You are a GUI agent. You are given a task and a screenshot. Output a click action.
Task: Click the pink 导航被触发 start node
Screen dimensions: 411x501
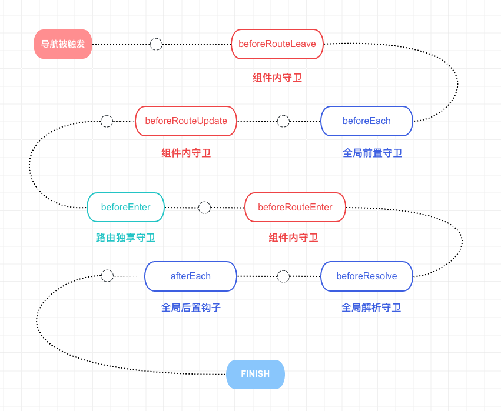pyautogui.click(x=63, y=44)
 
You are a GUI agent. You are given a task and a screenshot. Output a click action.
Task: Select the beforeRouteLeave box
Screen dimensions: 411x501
pyautogui.click(x=277, y=44)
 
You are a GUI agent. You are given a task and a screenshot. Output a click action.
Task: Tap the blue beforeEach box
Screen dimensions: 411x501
pyautogui.click(x=366, y=121)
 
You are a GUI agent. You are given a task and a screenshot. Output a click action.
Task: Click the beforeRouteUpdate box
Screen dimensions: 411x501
pyautogui.click(x=186, y=121)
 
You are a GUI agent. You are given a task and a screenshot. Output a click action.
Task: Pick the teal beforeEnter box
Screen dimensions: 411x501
pyautogui.click(x=125, y=208)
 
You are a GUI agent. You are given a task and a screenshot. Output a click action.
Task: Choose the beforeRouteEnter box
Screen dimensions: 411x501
pyautogui.click(x=295, y=208)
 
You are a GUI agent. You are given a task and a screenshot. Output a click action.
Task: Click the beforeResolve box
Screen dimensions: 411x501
pyautogui.click(x=366, y=276)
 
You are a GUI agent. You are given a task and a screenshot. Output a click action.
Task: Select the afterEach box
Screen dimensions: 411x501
pyautogui.click(x=190, y=276)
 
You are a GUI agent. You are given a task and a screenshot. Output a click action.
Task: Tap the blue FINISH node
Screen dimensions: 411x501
pyautogui.click(x=256, y=375)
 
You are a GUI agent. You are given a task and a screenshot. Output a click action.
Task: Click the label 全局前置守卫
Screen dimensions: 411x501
pyautogui.click(x=372, y=153)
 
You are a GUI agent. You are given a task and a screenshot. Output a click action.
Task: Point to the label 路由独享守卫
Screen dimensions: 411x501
pyautogui.click(x=125, y=238)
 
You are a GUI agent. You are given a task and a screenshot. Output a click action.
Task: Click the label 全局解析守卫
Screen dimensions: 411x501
pyautogui.click(x=371, y=308)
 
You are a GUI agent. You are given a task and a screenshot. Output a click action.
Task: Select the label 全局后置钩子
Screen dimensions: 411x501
pyautogui.click(x=191, y=308)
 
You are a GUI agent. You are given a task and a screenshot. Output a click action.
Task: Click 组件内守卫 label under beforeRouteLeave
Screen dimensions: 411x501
pyautogui.click(x=277, y=78)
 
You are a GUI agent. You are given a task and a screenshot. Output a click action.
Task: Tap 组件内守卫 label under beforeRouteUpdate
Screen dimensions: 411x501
pyautogui.click(x=186, y=153)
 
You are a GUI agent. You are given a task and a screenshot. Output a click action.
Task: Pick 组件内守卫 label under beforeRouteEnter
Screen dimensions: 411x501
pyautogui.click(x=293, y=238)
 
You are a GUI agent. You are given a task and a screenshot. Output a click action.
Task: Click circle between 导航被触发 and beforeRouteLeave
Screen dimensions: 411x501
pyautogui.click(x=156, y=44)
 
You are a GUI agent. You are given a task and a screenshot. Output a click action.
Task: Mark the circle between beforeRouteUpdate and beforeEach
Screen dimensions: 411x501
pyautogui.click(x=283, y=121)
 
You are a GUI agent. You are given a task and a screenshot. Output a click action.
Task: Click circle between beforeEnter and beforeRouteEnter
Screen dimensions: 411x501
pyautogui.click(x=204, y=208)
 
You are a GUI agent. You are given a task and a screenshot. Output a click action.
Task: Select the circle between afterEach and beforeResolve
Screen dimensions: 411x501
pyautogui.click(x=283, y=276)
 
